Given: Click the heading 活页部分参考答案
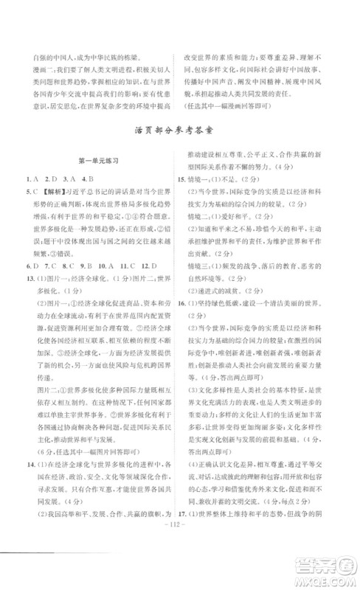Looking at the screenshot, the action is pyautogui.click(x=179, y=134).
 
